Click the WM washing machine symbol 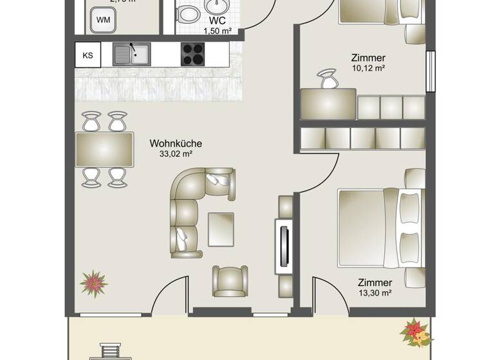pos(103,20)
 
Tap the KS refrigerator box pos(87,55)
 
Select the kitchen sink pos(131,55)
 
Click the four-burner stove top pos(192,55)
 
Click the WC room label pos(217,21)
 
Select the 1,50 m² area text pos(217,31)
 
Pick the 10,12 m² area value pos(368,68)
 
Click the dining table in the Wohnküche pos(104,149)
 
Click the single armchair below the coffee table pos(230,280)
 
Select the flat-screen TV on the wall pos(282,246)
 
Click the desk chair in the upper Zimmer pos(329,80)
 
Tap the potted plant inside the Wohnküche pos(94,283)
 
